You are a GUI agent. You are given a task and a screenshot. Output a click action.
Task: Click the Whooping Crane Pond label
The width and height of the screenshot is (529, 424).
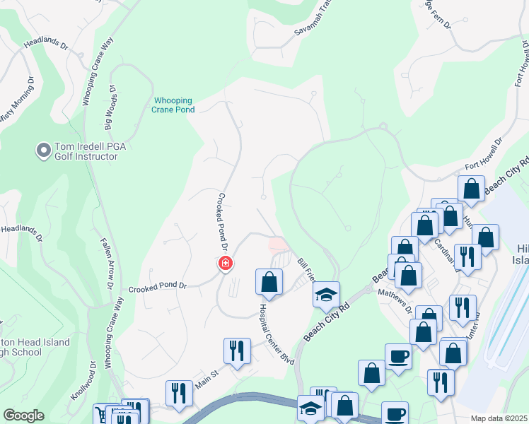pos(173,105)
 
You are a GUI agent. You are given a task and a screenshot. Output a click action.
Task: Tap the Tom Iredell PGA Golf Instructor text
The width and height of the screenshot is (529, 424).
pos(86,151)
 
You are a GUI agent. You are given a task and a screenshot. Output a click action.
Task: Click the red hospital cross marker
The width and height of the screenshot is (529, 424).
pos(226,264)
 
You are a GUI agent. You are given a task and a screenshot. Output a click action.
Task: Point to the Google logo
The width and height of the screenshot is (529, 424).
pos(23,416)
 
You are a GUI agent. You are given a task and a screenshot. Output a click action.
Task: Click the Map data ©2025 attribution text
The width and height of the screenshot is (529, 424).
pos(499,418)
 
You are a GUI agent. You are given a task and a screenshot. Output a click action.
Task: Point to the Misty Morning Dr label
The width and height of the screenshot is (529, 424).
pos(16,103)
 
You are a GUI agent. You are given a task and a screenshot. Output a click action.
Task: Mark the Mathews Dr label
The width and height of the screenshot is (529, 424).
pos(395,300)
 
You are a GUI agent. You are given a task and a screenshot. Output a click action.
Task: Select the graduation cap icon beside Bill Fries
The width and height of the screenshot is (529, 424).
pos(326,295)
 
